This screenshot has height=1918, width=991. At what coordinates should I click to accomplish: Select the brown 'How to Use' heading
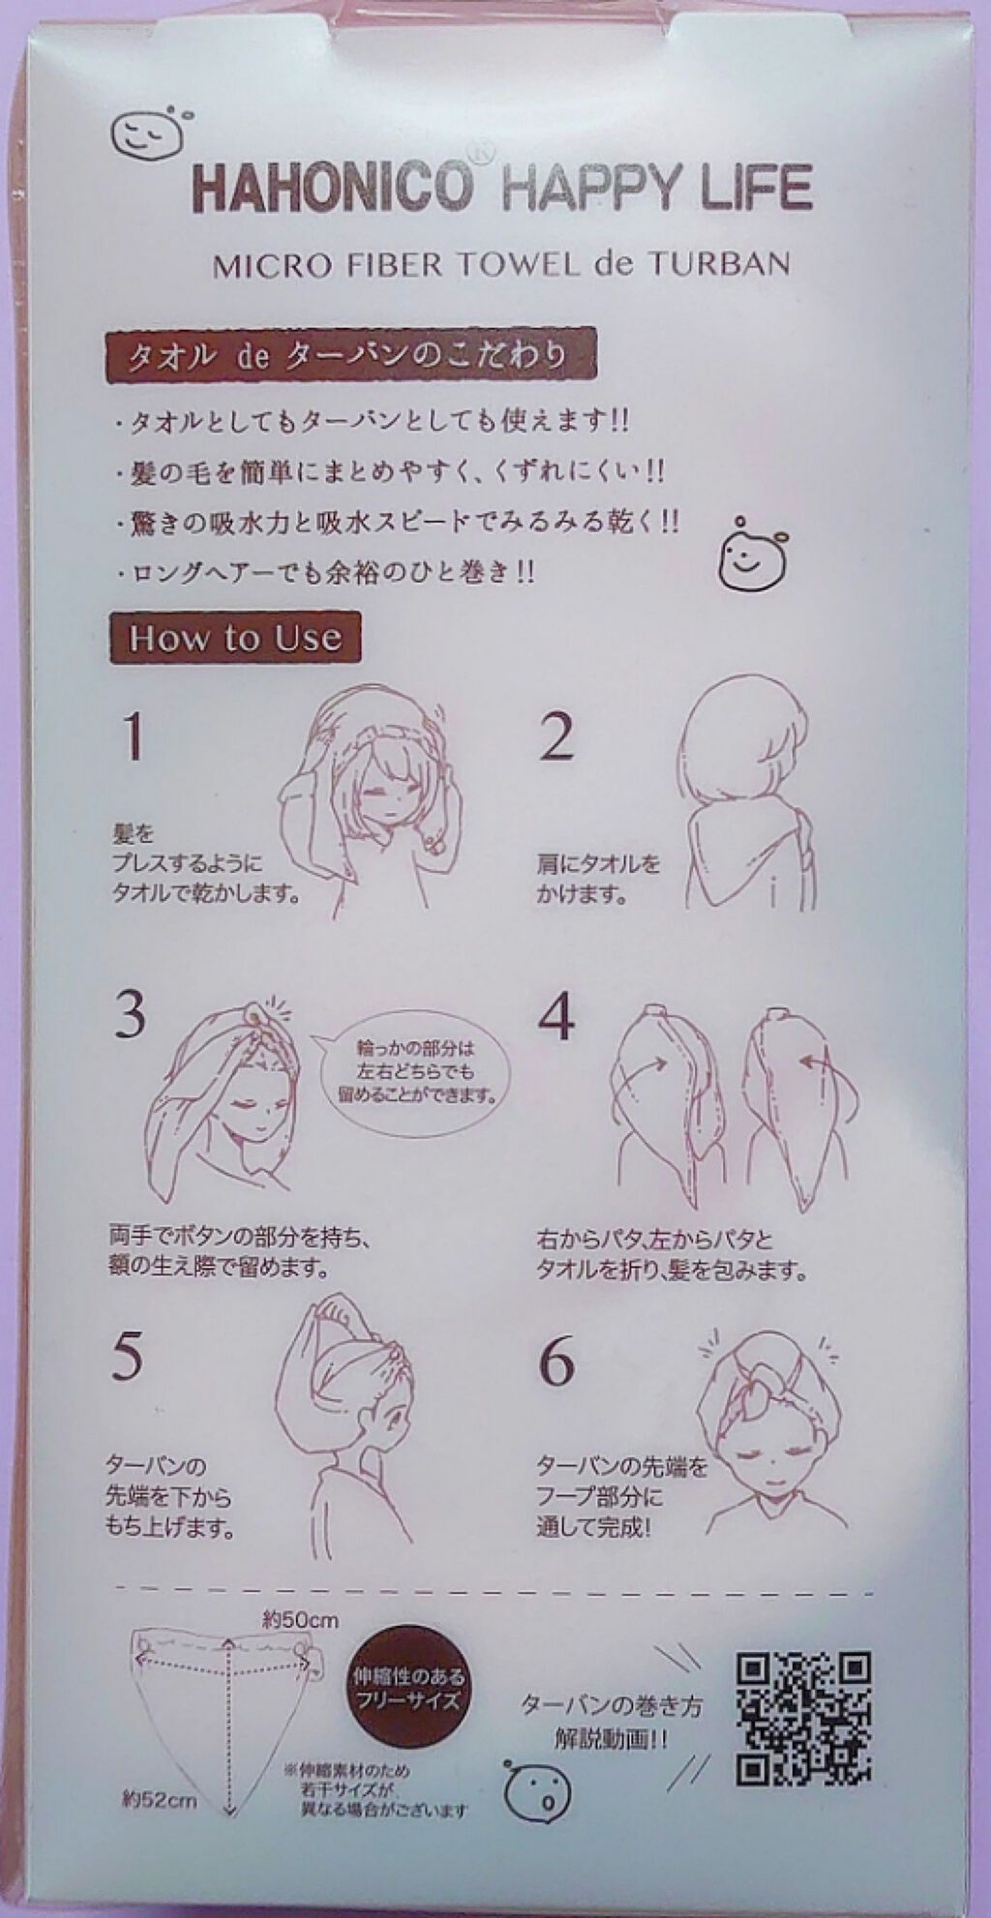[x=235, y=639]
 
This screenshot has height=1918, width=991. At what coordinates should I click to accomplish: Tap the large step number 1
[x=134, y=737]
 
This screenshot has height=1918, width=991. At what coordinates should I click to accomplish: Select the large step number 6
[x=557, y=1364]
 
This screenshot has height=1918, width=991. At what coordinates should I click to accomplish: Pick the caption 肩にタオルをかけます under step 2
[x=598, y=878]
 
